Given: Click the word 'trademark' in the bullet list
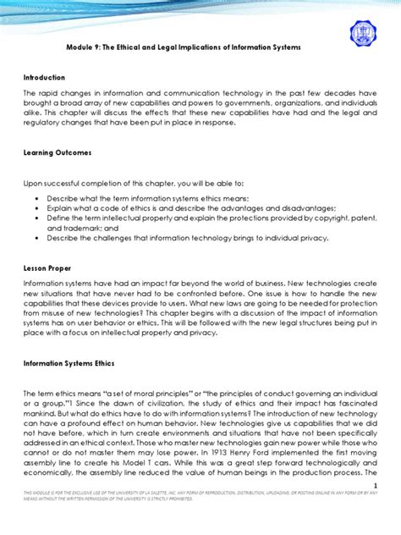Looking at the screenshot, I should coord(98,228).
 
